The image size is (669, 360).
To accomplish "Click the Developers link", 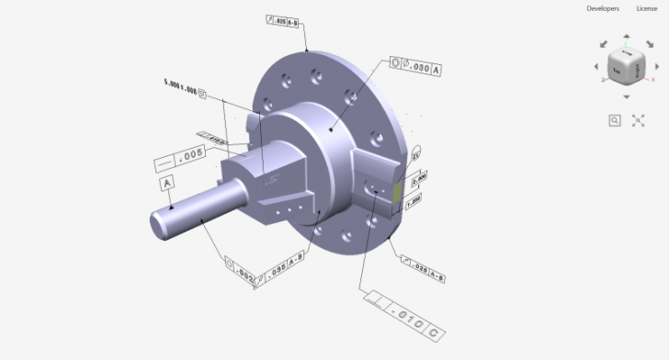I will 602,8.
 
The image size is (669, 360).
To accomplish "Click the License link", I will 647,8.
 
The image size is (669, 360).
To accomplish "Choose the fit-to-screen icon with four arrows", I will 639,120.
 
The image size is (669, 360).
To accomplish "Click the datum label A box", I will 167,184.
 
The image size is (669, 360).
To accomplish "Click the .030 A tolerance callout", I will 416,68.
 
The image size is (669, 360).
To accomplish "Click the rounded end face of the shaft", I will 161,225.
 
